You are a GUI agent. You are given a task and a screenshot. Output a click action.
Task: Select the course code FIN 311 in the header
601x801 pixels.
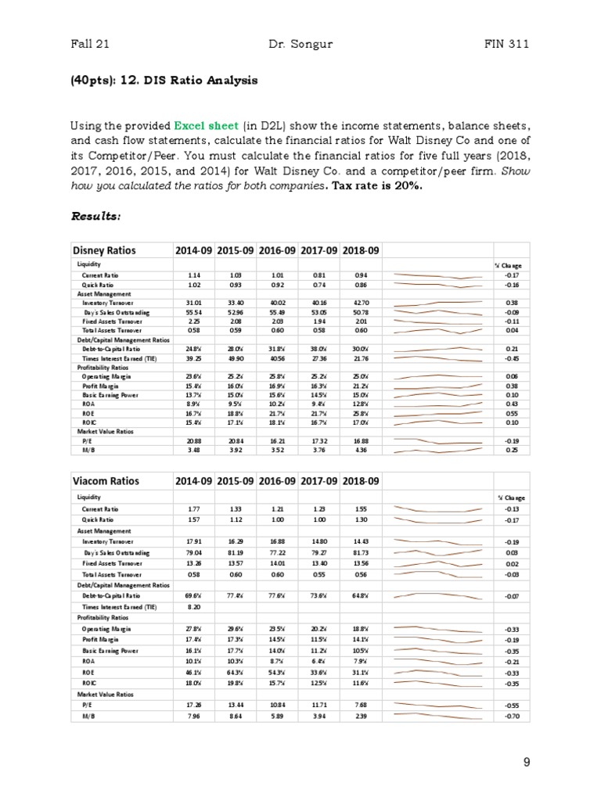508,44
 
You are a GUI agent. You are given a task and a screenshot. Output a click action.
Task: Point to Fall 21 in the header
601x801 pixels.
88,44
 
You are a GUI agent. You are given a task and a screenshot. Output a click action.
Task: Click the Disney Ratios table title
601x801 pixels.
104,250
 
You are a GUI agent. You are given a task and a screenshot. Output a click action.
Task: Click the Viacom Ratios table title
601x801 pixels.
106,480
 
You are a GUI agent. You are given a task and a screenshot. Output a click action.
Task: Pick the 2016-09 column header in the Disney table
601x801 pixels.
277,250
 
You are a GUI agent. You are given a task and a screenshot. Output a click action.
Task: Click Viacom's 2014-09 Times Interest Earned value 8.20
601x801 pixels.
194,606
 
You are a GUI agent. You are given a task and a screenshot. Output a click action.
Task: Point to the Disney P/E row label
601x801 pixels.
88,441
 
